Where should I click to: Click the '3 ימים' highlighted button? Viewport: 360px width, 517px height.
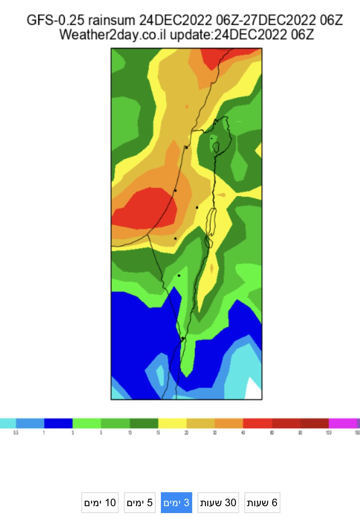point(177,503)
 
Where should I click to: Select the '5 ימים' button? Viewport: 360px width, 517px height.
point(140,503)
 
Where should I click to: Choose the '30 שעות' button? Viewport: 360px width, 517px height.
point(218,503)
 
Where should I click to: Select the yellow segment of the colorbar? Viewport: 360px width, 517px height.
point(172,424)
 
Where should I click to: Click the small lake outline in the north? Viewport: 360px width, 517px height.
point(215,147)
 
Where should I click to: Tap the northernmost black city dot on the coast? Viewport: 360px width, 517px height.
point(186,147)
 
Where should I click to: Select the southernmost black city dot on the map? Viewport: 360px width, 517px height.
point(183,338)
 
